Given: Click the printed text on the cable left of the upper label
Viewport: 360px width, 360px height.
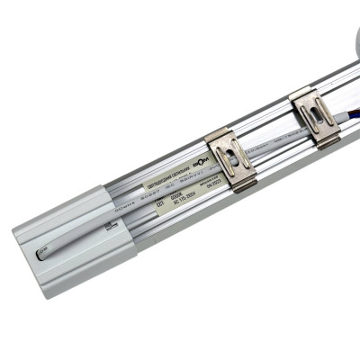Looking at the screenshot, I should coord(126,203).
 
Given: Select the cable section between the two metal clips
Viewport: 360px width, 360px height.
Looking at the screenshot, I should coord(270,145).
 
